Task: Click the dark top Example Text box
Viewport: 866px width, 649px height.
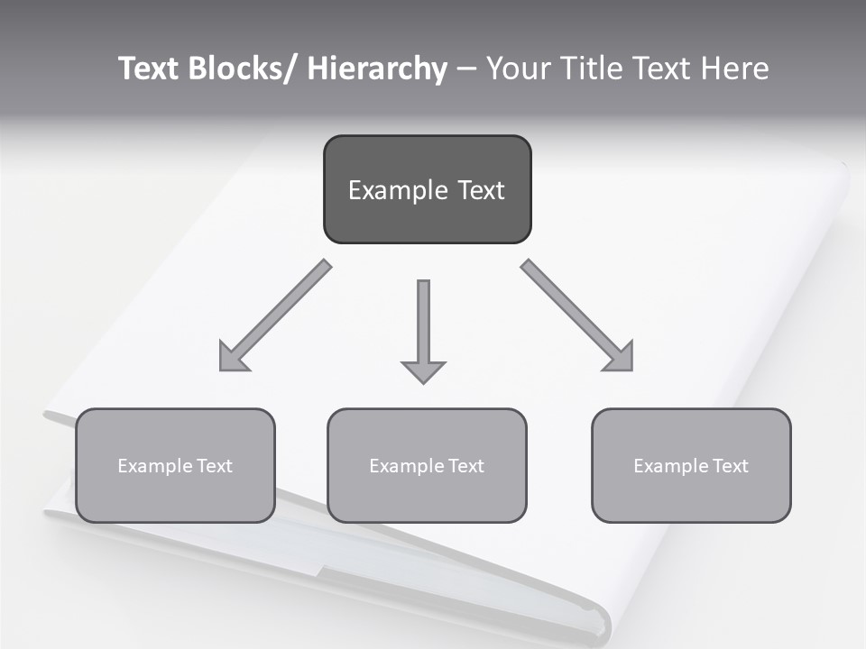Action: [x=427, y=189]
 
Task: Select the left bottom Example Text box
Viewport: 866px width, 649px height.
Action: [x=175, y=466]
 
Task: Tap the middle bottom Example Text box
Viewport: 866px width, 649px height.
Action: [x=427, y=466]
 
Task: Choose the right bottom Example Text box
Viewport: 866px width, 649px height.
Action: [x=691, y=466]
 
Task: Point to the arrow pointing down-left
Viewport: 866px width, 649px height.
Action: [x=275, y=315]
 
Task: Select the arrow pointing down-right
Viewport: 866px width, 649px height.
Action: [x=577, y=315]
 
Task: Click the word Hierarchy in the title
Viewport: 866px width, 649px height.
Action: [x=377, y=69]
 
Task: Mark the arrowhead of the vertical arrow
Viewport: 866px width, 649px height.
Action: [x=423, y=371]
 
